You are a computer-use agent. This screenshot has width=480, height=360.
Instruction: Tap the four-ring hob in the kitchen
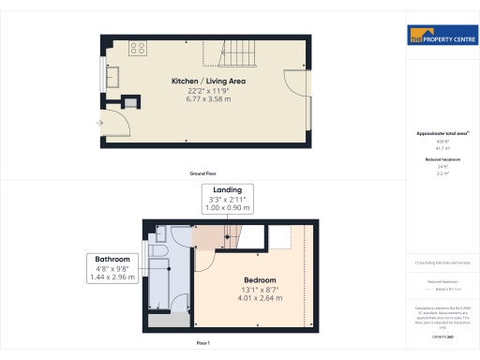point(137,47)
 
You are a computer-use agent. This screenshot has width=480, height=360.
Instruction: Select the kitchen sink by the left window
point(113,74)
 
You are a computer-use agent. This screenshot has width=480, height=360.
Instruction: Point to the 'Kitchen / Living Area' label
point(207,82)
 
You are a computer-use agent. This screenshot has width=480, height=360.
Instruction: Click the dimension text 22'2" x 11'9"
point(207,90)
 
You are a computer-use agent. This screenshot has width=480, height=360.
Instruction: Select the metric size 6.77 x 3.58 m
point(207,98)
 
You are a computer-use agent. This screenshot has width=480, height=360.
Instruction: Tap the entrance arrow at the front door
point(100,123)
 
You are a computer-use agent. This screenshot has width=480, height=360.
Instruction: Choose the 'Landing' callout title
point(221,190)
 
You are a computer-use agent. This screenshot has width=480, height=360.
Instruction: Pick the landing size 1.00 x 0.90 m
point(221,206)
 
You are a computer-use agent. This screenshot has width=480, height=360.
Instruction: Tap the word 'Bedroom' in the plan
point(260,280)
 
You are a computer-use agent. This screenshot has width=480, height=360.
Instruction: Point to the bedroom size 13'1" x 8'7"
point(260,289)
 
